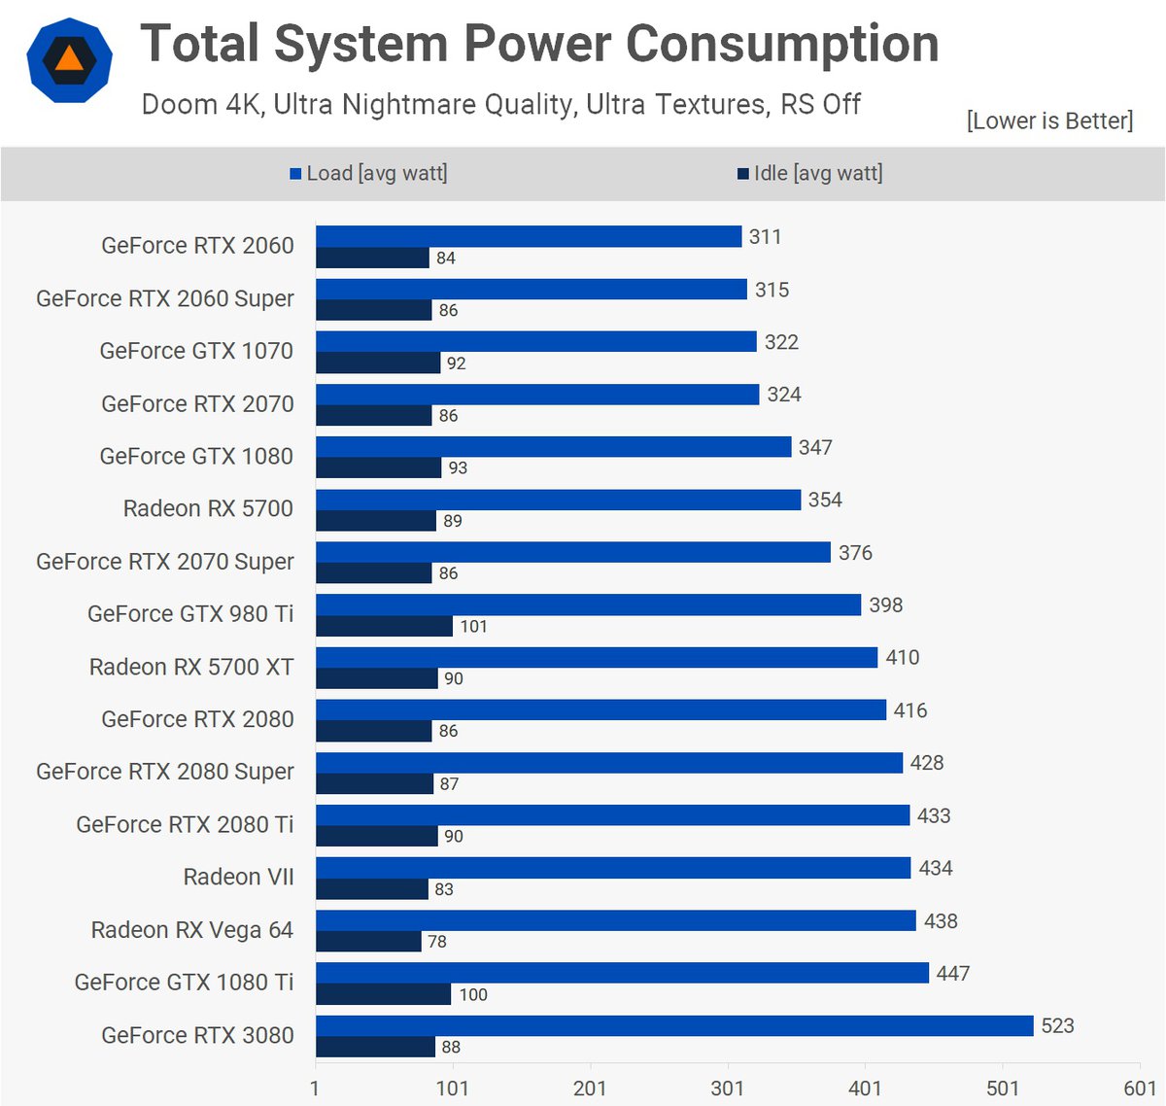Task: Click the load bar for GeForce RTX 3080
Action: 674,1025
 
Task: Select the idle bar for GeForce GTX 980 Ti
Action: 384,626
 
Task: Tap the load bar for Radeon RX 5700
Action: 558,500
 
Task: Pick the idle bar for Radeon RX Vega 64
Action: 368,941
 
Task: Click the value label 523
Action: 1057,1025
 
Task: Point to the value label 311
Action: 765,236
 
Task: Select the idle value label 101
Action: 473,626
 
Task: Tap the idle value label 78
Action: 437,941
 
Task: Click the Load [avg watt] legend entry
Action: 369,173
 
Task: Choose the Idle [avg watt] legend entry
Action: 810,173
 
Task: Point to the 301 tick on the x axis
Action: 727,1088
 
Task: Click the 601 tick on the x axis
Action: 1140,1088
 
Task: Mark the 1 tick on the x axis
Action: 315,1088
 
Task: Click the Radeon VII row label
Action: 238,877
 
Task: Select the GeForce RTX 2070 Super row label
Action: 164,562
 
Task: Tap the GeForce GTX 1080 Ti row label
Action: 184,983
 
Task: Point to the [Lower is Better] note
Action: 1049,121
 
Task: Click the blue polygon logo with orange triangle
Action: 69,60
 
